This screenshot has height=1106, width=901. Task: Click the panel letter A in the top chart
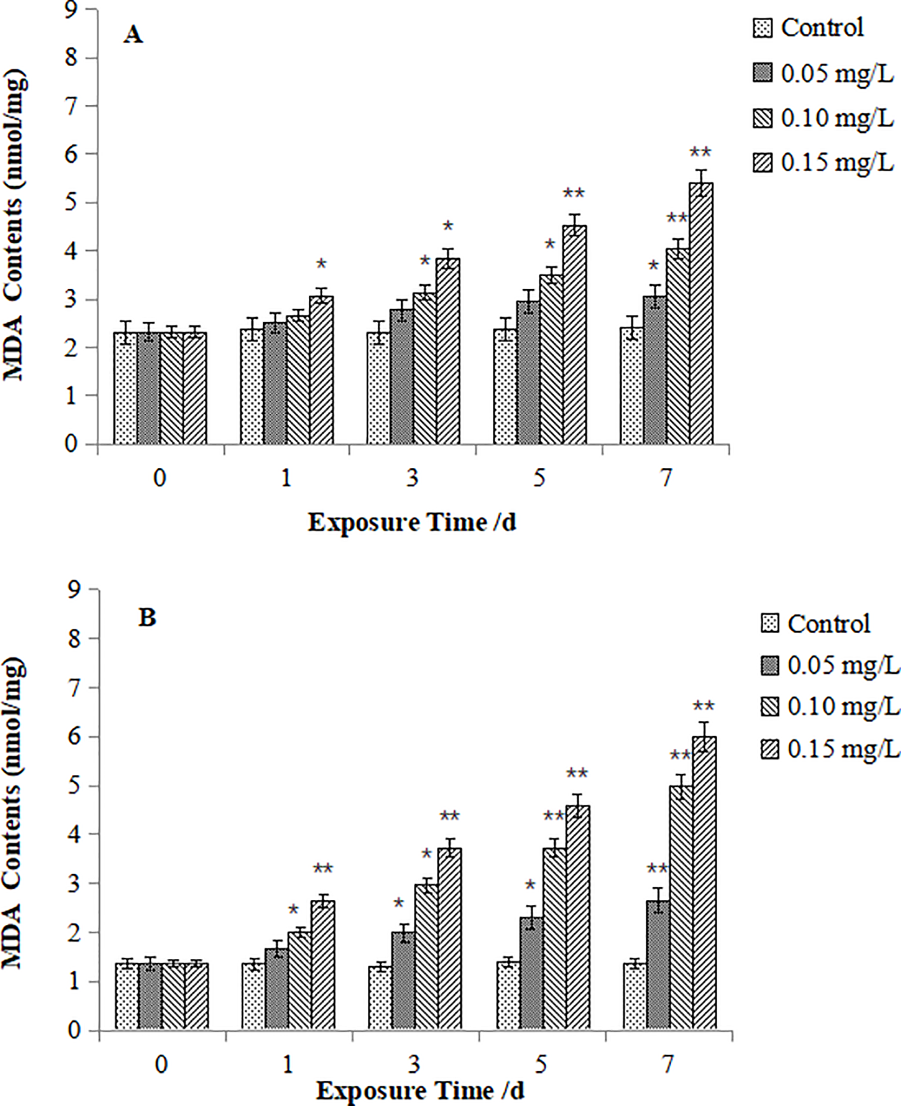(133, 35)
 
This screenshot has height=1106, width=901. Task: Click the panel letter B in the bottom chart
(147, 618)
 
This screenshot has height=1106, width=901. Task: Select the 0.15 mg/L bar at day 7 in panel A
(701, 315)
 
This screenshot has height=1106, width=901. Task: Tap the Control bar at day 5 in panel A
(505, 388)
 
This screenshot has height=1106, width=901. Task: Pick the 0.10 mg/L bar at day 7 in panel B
(681, 909)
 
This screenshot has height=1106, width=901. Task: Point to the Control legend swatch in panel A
(762, 28)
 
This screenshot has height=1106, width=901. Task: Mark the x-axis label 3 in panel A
(413, 478)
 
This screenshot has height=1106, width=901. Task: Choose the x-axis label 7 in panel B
(668, 1064)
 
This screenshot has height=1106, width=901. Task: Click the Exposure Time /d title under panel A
(412, 522)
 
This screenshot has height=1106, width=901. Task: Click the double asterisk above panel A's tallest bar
(700, 153)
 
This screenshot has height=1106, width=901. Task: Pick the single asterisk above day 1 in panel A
(321, 264)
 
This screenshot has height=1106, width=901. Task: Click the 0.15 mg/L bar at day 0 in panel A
(195, 388)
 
